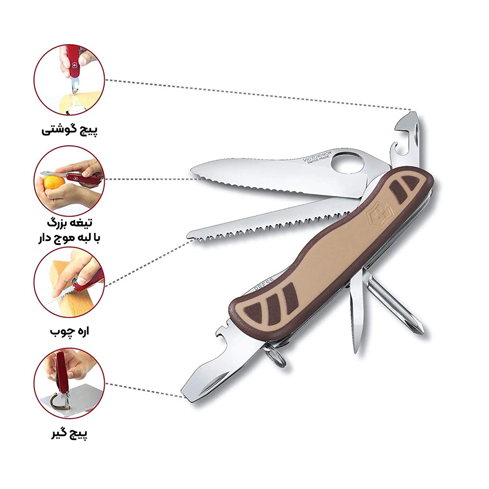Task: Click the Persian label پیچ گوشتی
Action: (69, 130)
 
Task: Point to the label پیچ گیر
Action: (69, 433)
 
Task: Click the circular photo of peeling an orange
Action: (69, 180)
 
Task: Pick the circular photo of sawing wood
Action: (69, 282)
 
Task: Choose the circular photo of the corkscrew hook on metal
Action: (69, 383)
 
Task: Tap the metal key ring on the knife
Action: (276, 355)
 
